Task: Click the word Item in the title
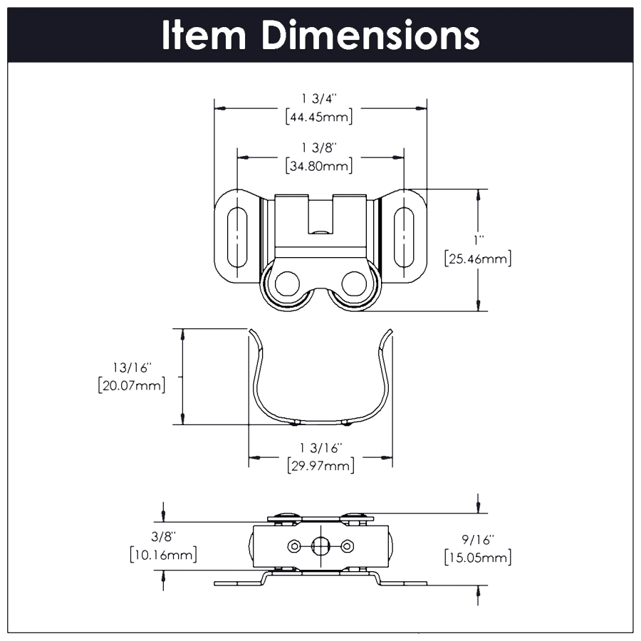click(x=204, y=36)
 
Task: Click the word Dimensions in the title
click(x=370, y=36)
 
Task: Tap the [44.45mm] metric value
click(x=319, y=118)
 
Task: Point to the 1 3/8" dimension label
click(x=319, y=147)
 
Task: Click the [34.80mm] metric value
click(x=319, y=167)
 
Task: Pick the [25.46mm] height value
click(x=477, y=259)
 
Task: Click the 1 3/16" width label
click(x=321, y=447)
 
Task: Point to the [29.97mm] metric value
click(x=321, y=466)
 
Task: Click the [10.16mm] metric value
click(x=163, y=554)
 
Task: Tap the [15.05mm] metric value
click(x=477, y=558)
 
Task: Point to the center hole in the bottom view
click(x=320, y=546)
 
